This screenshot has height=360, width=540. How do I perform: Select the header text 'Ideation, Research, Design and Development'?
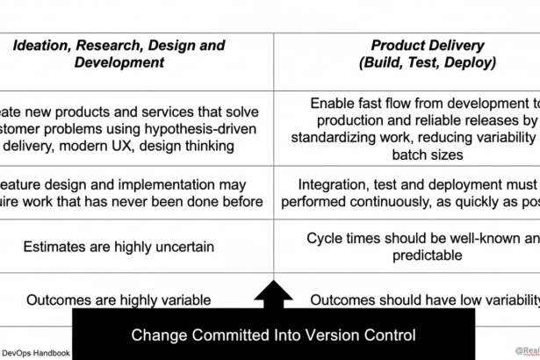coord(119,54)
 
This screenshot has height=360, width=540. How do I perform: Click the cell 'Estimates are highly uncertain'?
coord(119,247)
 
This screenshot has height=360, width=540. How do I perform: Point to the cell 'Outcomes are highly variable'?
coord(119,299)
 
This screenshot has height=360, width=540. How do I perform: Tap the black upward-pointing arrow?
coord(273,296)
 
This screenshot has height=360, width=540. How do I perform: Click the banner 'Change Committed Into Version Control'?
coord(273,335)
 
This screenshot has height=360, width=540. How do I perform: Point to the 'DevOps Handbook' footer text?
coord(35,353)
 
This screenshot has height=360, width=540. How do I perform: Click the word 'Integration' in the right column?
coord(335,184)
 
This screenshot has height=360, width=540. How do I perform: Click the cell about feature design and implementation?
coord(119,193)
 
